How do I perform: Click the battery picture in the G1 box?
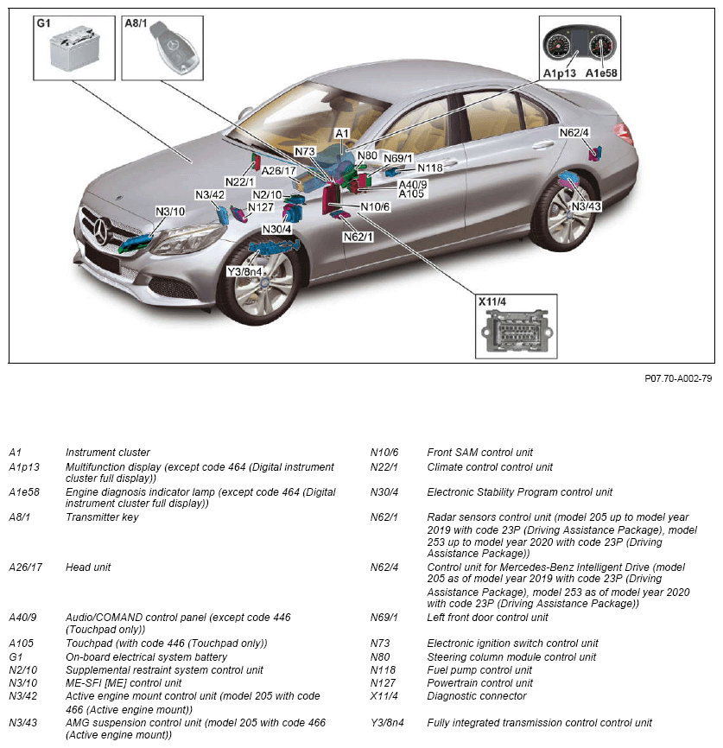tap(74, 49)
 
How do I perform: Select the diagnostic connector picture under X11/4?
tap(513, 334)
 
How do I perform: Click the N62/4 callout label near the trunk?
tap(574, 133)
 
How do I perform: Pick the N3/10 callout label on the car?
tap(170, 212)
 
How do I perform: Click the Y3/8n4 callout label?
tap(244, 271)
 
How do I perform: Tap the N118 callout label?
tap(429, 168)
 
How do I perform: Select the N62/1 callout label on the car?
tap(358, 237)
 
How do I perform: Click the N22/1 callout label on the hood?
tap(239, 181)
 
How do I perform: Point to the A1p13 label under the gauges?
tap(560, 73)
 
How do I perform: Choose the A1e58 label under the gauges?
tap(601, 73)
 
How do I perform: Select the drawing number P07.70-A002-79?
tap(677, 378)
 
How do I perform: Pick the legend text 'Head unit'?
tap(88, 567)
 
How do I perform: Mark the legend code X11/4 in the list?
tap(386, 695)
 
